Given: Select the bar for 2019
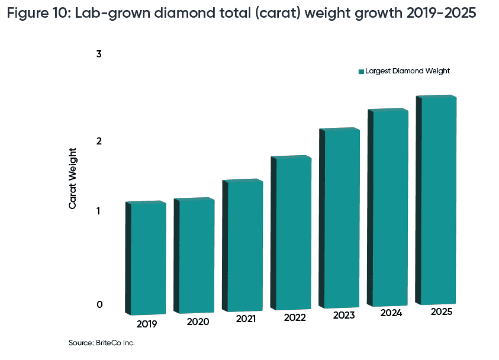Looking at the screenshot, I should tap(148, 258).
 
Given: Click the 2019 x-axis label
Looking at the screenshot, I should tap(147, 325).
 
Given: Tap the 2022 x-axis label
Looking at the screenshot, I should tap(295, 318).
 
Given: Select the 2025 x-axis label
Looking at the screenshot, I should tap(442, 312).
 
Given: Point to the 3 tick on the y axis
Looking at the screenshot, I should tap(99, 54).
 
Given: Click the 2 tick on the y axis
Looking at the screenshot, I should tap(99, 141).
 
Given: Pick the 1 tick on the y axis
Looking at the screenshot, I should tap(99, 211).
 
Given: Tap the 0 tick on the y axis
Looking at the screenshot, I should tap(99, 304).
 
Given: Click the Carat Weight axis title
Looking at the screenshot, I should tap(73, 178).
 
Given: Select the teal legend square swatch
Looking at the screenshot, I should tap(361, 71).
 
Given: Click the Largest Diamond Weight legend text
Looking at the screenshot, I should tap(407, 71).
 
